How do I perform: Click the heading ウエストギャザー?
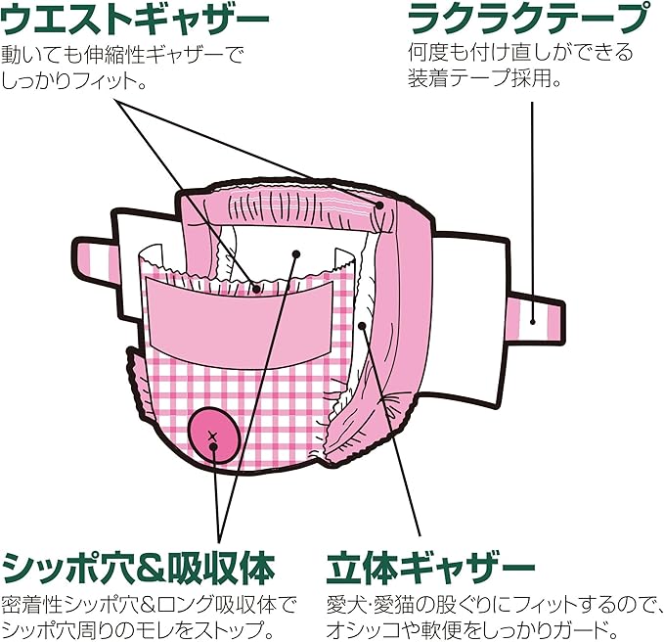136,19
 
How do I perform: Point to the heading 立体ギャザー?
430,567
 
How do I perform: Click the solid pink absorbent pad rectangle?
239,315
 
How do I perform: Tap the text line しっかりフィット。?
74,81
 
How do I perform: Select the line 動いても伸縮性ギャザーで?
123,53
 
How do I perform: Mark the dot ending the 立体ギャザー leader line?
363,326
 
